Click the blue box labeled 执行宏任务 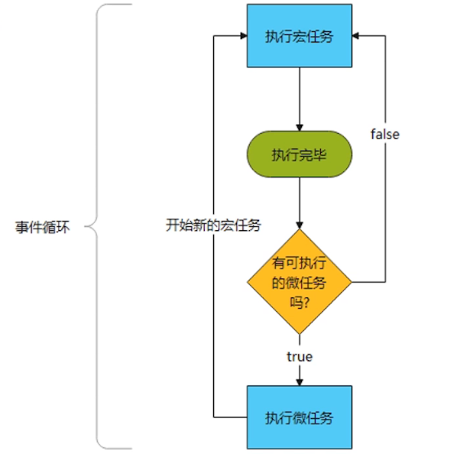pos(299,36)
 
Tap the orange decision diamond pos(299,282)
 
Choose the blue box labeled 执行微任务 pos(299,417)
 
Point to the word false pos(385,134)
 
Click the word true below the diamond pos(299,357)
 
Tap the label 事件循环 pos(42,227)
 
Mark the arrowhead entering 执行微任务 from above pos(299,382)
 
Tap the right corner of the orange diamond pos(352,282)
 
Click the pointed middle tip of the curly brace pos(87,227)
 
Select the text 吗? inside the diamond pos(299,301)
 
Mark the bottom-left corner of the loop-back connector pos(212,417)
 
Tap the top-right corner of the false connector pos(385,36)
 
